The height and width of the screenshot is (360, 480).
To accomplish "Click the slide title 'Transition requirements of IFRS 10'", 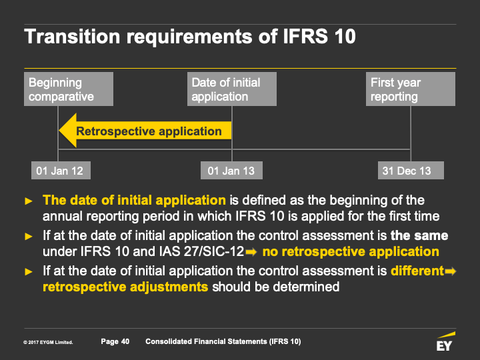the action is [190, 37].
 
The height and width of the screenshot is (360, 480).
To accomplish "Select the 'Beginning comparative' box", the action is [69, 89].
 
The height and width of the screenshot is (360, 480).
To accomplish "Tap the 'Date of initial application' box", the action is [232, 89].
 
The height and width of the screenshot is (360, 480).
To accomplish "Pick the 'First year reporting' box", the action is [411, 89].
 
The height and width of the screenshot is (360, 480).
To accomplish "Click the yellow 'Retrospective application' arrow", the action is [145, 131].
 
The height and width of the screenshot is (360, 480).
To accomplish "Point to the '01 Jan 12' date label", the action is [61, 171].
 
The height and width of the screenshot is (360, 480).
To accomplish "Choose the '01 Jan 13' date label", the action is [231, 171].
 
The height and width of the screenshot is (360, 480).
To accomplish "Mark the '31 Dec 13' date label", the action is [411, 171].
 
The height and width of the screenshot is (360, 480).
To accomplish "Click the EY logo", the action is [445, 341].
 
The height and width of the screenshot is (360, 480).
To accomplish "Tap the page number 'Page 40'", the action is [115, 341].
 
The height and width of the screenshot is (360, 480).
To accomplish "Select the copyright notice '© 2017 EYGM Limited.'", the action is [48, 342].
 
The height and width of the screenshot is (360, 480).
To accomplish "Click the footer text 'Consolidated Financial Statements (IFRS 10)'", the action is [223, 341].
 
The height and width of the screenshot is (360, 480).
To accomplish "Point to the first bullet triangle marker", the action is [29, 201].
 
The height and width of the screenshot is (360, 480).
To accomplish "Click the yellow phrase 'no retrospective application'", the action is [351, 251].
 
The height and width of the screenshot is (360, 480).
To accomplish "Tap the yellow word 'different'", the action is [417, 271].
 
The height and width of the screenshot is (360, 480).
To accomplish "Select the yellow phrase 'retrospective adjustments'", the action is [125, 287].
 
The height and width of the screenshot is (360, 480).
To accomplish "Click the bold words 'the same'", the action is [419, 236].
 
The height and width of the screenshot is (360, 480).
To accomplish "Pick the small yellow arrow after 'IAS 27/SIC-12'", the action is [251, 252].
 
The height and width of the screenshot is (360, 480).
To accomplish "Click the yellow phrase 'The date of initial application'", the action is [135, 200].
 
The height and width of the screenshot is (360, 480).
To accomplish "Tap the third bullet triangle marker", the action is [29, 271].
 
